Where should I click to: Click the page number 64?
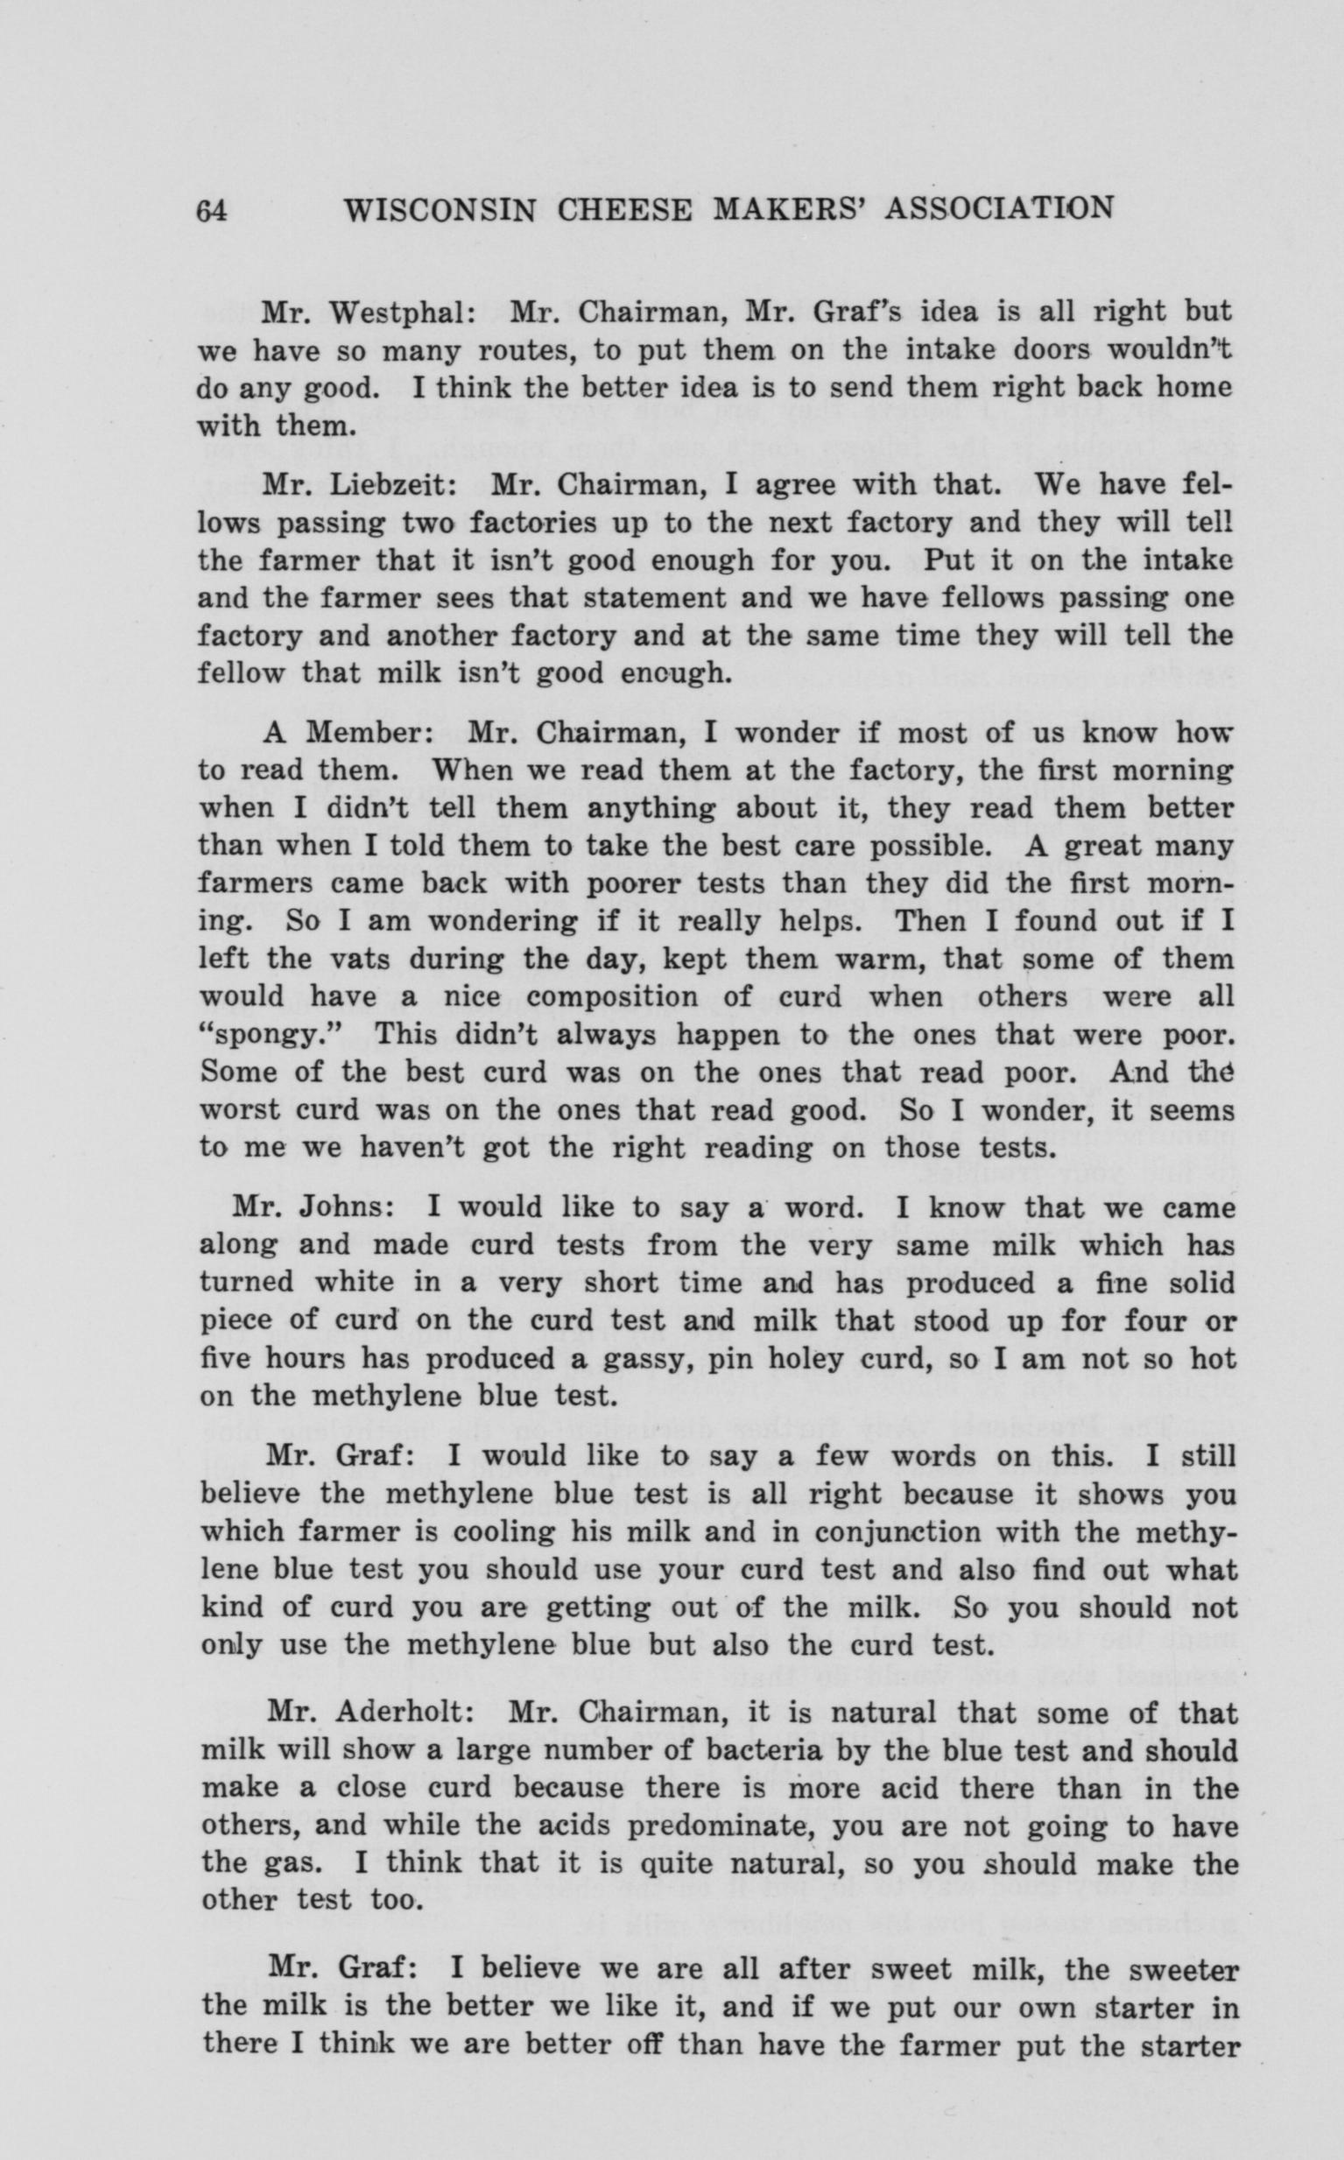(213, 210)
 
